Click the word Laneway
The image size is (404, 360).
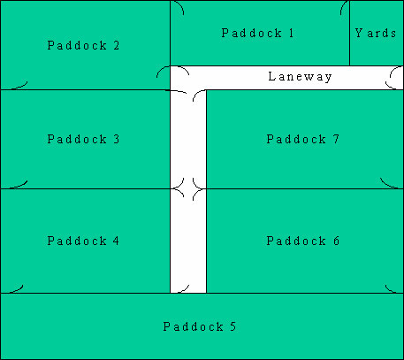coord(300,77)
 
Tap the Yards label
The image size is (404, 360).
coord(376,33)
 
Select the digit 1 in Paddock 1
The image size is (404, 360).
coord(291,33)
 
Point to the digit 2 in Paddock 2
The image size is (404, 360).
coord(117,45)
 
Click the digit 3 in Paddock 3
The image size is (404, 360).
coord(117,139)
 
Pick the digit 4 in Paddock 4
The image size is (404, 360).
coord(116,241)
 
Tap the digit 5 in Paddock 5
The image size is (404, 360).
coord(233,326)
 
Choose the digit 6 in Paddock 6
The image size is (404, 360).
coord(336,241)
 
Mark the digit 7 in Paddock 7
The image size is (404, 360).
coord(336,139)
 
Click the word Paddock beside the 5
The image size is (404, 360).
coord(194,326)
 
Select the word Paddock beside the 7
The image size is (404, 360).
coord(296,139)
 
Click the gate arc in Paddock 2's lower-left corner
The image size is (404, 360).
coord(20,86)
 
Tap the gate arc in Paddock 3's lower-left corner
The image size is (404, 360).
coord(20,186)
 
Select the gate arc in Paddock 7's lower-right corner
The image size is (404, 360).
coord(387,185)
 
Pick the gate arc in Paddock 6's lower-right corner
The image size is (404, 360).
coord(390,289)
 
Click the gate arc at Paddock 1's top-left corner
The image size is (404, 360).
coord(180,5)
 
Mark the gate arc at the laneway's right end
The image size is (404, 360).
coord(391,77)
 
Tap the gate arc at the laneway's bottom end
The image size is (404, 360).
coord(185,290)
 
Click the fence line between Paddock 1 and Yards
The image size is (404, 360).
coord(349,33)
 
